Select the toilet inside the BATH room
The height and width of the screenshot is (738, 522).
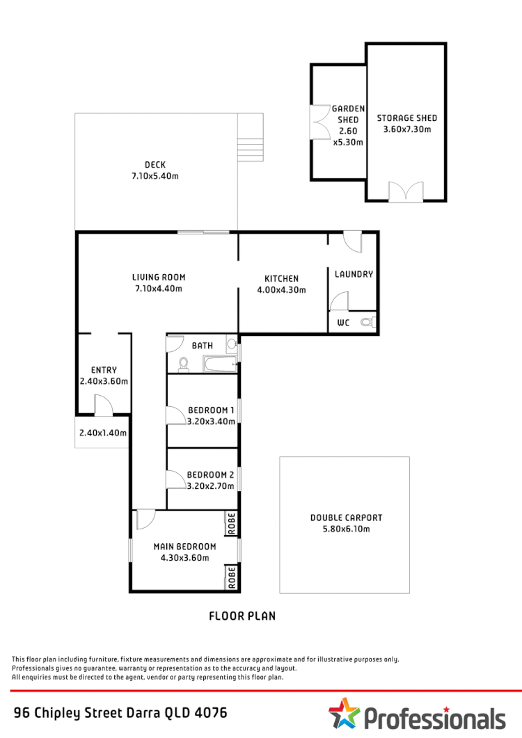[x=184, y=364]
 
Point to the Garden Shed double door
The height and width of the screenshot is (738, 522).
[x=321, y=123]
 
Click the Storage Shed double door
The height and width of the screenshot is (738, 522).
[x=406, y=192]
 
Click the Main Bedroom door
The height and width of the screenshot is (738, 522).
[x=145, y=519]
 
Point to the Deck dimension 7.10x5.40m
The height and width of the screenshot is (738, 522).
[x=155, y=176]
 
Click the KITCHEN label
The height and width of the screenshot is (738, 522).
[x=281, y=278]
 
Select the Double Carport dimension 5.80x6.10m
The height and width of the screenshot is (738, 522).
[x=346, y=529]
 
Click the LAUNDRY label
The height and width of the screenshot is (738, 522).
[x=354, y=274]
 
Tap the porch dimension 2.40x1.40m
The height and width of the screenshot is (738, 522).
[x=102, y=433]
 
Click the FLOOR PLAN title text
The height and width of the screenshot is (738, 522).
[x=242, y=616]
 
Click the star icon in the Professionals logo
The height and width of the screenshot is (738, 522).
[x=344, y=714]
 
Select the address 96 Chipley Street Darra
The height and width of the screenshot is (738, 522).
[x=120, y=713]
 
